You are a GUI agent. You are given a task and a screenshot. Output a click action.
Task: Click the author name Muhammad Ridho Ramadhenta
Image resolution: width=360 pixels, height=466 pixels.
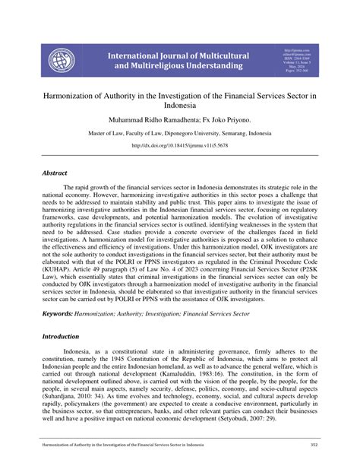(147, 121)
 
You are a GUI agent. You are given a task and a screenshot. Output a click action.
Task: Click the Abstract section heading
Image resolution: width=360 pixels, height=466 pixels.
(55, 173)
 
